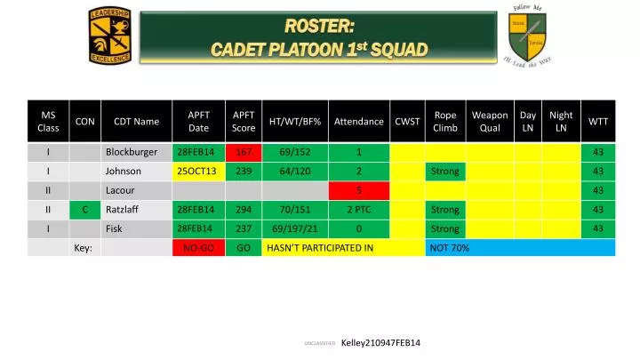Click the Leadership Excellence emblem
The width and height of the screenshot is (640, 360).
tap(109, 35)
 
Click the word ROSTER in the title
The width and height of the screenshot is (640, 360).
tap(319, 24)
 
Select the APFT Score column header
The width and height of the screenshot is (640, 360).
tap(243, 121)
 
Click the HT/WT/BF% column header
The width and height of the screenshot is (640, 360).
tap(294, 121)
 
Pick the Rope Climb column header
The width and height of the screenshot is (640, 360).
tap(444, 121)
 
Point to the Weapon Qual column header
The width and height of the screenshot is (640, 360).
tap(489, 121)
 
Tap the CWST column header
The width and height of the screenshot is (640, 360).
tap(407, 121)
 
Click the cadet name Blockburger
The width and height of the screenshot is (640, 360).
tap(131, 152)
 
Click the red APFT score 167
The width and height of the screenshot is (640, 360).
tap(243, 152)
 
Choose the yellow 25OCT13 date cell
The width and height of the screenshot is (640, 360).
tap(197, 172)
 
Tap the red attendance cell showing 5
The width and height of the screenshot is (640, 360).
tap(359, 190)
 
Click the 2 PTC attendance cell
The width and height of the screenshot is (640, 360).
tap(359, 210)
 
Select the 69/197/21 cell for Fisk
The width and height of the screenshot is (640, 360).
tap(294, 228)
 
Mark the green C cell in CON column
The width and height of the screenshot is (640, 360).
tap(84, 210)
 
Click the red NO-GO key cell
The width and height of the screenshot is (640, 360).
tap(197, 247)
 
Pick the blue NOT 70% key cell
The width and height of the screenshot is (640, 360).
tap(520, 247)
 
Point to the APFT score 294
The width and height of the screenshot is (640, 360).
tap(243, 210)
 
